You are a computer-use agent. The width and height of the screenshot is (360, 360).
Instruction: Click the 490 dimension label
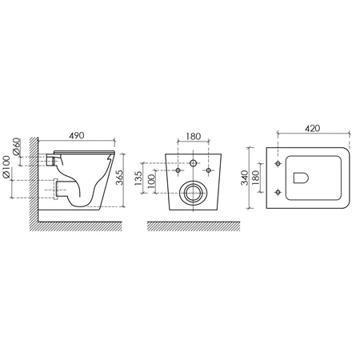(77, 135)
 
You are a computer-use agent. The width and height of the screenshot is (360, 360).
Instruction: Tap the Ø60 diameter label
(16, 146)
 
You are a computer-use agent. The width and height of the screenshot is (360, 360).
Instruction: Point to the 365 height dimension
(120, 178)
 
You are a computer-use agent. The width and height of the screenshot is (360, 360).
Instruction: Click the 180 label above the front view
(194, 136)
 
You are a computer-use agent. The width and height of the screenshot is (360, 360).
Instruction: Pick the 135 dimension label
(138, 178)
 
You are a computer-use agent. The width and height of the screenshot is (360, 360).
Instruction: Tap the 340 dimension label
(244, 178)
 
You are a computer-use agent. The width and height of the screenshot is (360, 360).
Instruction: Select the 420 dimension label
(312, 128)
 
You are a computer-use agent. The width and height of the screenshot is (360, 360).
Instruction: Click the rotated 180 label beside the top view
(255, 178)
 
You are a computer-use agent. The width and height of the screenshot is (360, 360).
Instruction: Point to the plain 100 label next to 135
(151, 182)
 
